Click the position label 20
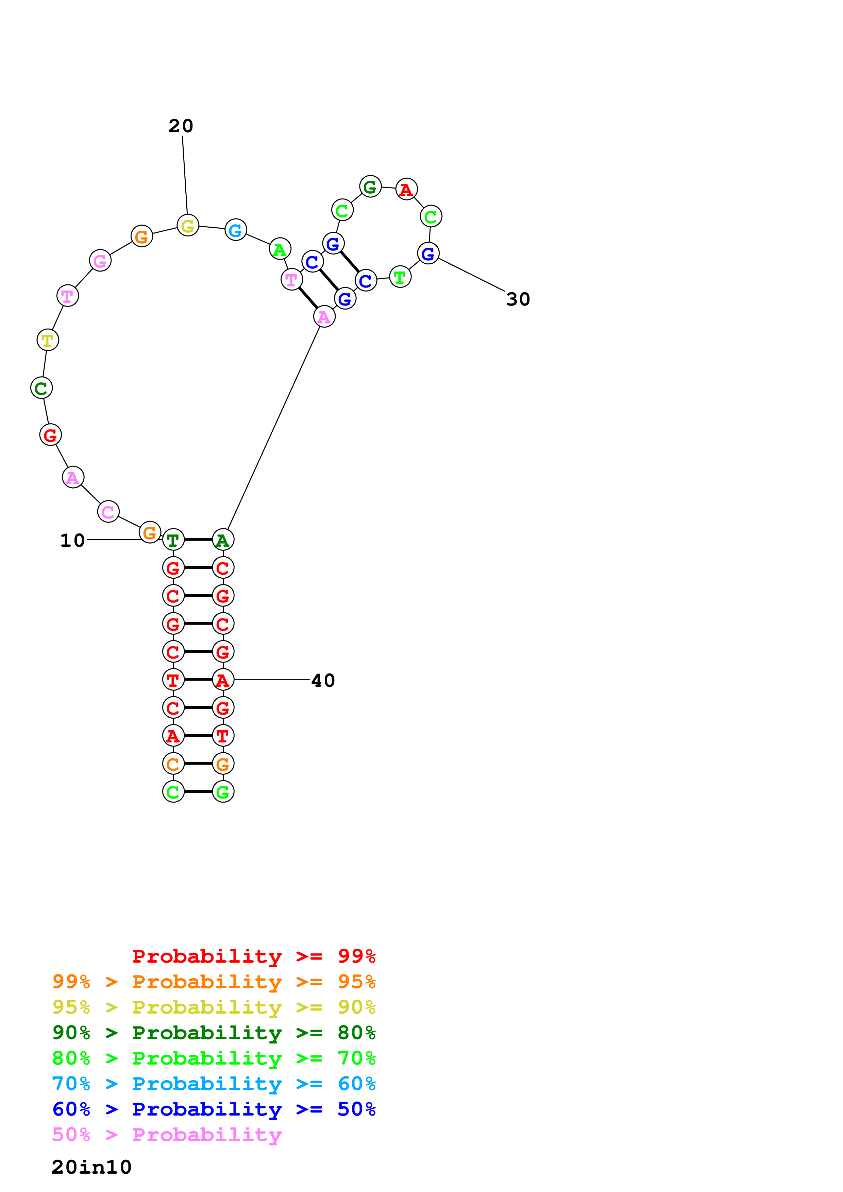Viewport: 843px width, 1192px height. point(181,126)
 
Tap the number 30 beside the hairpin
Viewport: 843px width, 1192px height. point(518,300)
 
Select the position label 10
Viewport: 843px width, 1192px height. point(72,541)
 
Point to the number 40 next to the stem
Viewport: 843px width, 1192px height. point(323,681)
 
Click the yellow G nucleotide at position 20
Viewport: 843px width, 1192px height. point(187,225)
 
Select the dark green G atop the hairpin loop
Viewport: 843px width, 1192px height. point(370,187)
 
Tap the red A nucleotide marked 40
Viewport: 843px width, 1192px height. point(223,680)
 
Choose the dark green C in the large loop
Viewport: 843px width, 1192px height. point(41,388)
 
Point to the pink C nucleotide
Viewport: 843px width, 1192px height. point(108,512)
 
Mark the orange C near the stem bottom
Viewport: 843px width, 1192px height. point(173,764)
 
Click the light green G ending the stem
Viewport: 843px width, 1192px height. point(223,792)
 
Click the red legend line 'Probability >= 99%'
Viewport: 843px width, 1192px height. point(253,956)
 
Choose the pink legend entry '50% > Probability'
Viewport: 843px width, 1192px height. point(167,1135)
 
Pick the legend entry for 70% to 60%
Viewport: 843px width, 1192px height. point(214,1084)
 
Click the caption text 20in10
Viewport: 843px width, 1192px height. point(91,1167)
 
